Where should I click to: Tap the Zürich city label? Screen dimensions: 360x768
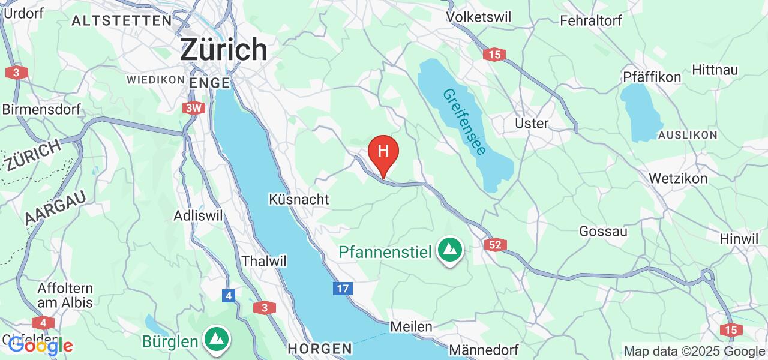click(x=224, y=49)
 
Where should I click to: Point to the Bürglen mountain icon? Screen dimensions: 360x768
click(x=215, y=340)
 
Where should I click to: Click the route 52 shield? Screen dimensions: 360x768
click(x=496, y=245)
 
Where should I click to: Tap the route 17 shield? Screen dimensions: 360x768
click(x=343, y=289)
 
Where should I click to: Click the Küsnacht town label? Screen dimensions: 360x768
click(x=299, y=199)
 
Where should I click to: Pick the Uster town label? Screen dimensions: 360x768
click(x=532, y=123)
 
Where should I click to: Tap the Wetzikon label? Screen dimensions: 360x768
click(x=678, y=178)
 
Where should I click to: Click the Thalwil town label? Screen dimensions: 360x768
click(x=264, y=261)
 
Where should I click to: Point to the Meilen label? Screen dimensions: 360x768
click(x=411, y=327)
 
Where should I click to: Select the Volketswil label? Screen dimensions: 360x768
click(x=479, y=17)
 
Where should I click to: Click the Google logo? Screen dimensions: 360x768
click(x=40, y=346)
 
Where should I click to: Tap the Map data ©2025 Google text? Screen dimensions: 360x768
click(x=694, y=352)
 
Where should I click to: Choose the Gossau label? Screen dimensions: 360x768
click(x=603, y=231)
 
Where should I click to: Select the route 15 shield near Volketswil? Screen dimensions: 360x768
click(x=493, y=55)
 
